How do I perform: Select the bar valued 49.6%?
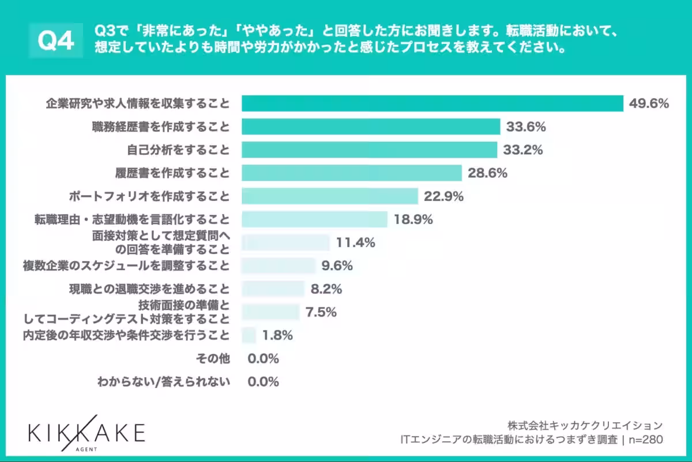point(432,103)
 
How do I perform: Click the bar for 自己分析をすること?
point(369,150)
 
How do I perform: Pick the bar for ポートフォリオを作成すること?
point(329,196)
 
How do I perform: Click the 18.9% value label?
point(413,219)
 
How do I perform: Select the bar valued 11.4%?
point(285,243)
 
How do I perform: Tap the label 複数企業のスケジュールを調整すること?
point(126,266)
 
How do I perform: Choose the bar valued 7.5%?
point(270,312)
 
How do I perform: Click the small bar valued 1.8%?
point(249,335)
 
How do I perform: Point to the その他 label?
point(213,359)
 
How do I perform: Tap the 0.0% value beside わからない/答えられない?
point(263,382)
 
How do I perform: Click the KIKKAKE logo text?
point(86,431)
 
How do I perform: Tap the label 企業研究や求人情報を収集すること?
point(138,104)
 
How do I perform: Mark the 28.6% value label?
point(487,173)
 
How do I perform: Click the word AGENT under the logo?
point(86,448)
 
